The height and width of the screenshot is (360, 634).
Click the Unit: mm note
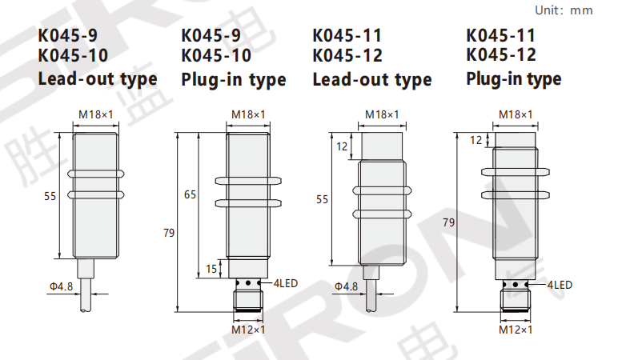(x=564, y=10)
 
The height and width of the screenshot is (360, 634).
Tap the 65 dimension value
(x=190, y=194)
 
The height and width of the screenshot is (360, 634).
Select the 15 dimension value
(x=211, y=269)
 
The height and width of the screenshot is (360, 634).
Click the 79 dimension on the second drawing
(x=169, y=233)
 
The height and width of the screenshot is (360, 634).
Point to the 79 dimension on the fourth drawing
(x=449, y=222)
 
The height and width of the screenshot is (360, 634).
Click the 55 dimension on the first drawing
(x=50, y=196)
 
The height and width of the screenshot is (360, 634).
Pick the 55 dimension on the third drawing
(x=323, y=199)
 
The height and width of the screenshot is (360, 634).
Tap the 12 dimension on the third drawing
(x=342, y=146)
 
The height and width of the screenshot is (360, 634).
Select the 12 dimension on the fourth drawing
(x=476, y=140)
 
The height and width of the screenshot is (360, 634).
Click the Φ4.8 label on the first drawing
(x=61, y=286)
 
